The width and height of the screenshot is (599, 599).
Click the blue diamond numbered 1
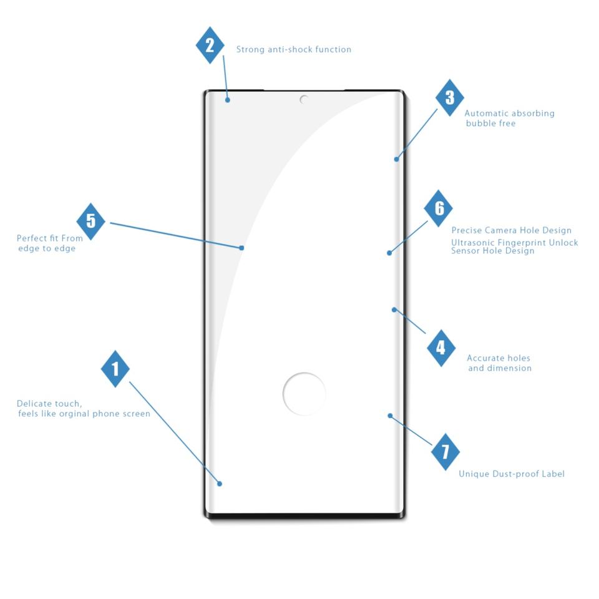point(115,368)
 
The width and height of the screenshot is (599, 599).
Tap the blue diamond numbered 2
point(210,45)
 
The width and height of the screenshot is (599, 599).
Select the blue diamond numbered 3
point(449,97)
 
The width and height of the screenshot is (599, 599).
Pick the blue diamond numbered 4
point(441,348)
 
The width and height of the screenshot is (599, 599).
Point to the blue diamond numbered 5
point(91,221)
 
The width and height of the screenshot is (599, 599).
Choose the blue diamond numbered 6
point(439,208)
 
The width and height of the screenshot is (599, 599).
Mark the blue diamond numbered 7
point(446,452)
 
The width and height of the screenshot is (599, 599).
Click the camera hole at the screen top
point(304,99)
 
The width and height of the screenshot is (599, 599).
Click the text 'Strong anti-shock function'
point(293,49)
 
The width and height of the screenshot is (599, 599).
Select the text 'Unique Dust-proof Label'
point(512,474)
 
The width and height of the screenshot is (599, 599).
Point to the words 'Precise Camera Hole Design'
point(512,231)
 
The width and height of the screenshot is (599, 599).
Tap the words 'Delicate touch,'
point(49,404)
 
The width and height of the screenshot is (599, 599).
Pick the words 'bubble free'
point(490,124)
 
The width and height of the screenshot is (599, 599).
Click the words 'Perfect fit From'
point(49,238)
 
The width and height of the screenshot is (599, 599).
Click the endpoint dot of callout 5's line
point(241,248)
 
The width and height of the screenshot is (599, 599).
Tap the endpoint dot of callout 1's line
point(220,484)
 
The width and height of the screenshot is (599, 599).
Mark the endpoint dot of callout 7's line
point(390,416)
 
